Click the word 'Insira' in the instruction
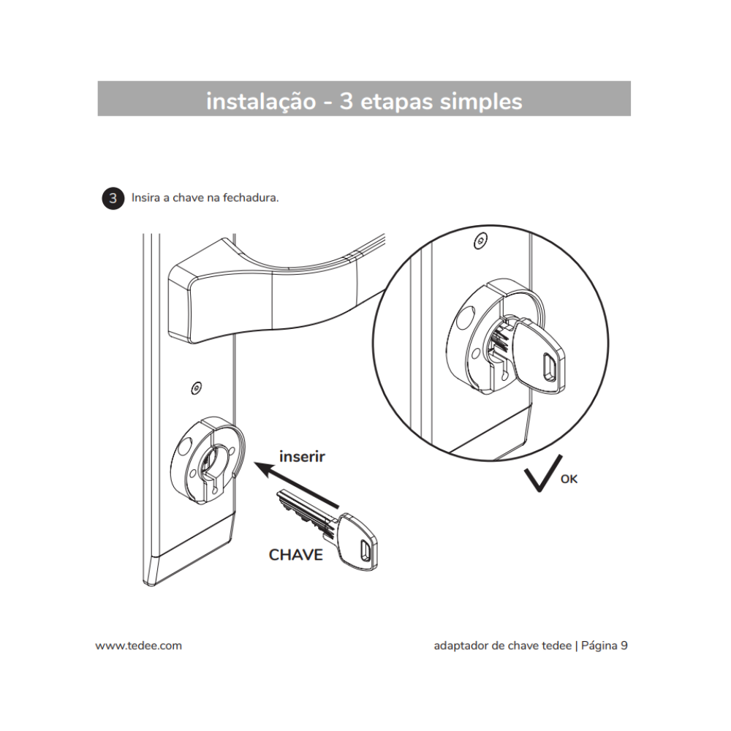coord(147,198)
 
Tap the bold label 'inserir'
coord(302,457)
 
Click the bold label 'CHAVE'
coord(295,554)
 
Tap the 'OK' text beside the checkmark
coord(569,480)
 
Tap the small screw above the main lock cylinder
coord(195,387)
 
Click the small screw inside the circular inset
coord(479,240)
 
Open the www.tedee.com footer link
coord(138,645)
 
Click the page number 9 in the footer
coord(624,645)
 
